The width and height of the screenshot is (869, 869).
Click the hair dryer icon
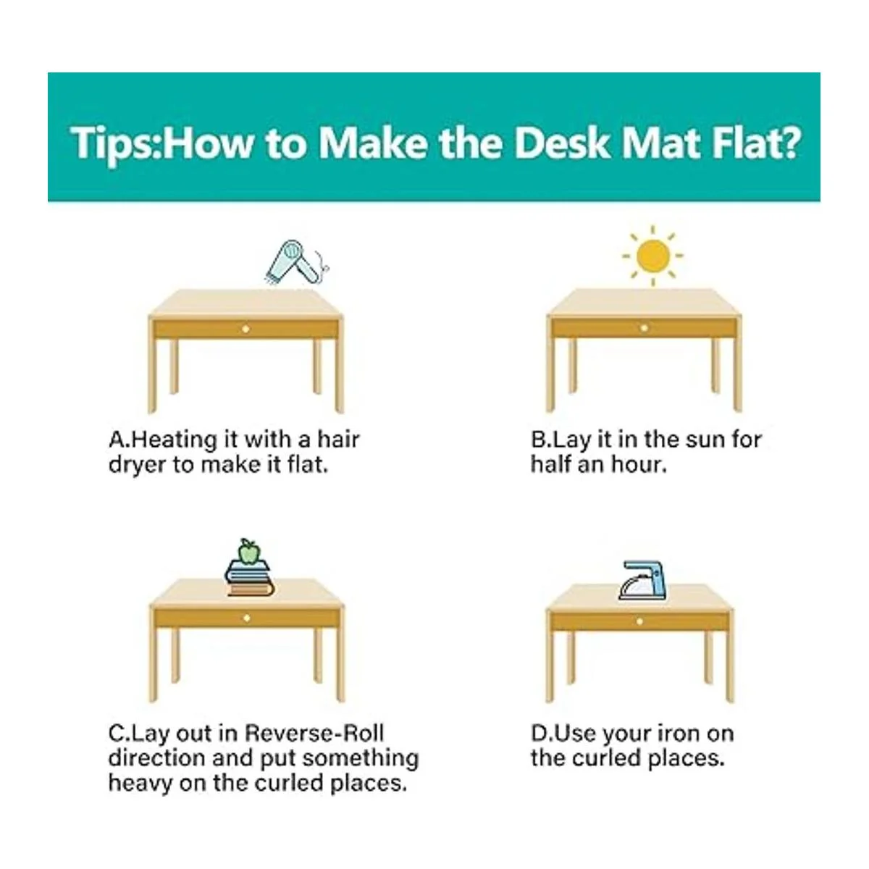pyautogui.click(x=296, y=262)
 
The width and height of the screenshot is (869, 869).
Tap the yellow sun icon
pyautogui.click(x=652, y=256)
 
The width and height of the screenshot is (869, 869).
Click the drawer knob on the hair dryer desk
pyautogui.click(x=245, y=329)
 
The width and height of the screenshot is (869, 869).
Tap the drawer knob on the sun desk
pyautogui.click(x=644, y=328)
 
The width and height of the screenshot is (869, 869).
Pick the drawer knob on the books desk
pyautogui.click(x=246, y=618)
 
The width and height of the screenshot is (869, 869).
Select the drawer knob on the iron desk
pyautogui.click(x=639, y=622)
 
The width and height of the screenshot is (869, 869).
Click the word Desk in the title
pyautogui.click(x=563, y=143)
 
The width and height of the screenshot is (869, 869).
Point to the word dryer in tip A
pyautogui.click(x=137, y=466)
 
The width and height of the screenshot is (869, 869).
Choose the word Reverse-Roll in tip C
pyautogui.click(x=314, y=734)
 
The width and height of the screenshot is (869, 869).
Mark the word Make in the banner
pyautogui.click(x=372, y=143)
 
